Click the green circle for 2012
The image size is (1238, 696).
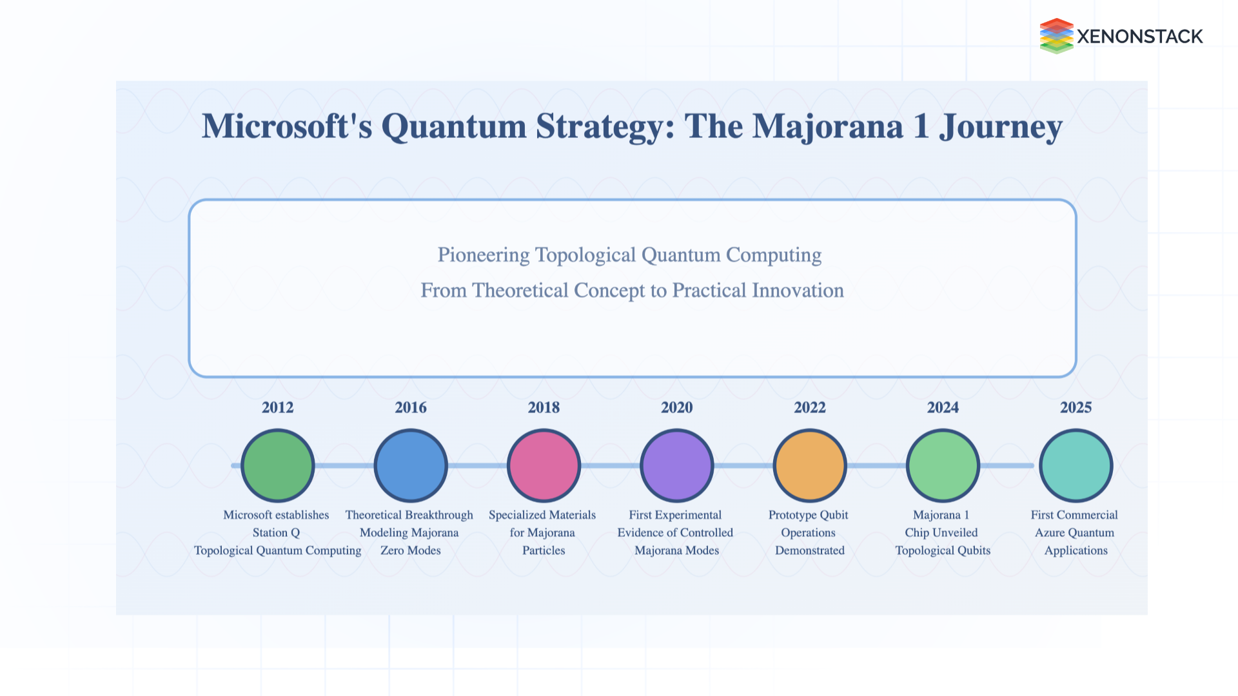277,465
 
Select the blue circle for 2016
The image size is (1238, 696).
411,465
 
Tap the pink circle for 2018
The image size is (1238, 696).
544,465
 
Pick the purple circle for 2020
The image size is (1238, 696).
676,465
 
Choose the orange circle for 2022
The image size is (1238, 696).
809,465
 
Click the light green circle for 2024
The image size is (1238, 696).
943,465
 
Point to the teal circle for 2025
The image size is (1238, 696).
1076,465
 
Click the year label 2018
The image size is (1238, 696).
544,407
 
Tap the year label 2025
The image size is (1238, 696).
1076,407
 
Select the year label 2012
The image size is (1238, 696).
277,407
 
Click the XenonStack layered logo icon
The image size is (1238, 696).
1056,36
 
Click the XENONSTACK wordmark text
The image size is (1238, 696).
1139,37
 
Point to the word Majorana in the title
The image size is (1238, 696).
828,126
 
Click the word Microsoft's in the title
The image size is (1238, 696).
287,126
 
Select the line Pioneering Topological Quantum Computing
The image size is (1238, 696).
629,255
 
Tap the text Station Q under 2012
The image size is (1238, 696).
276,532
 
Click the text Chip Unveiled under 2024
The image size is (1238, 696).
941,532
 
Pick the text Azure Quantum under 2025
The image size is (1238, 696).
1074,532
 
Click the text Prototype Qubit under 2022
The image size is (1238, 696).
808,515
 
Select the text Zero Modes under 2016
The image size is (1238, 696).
410,550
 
